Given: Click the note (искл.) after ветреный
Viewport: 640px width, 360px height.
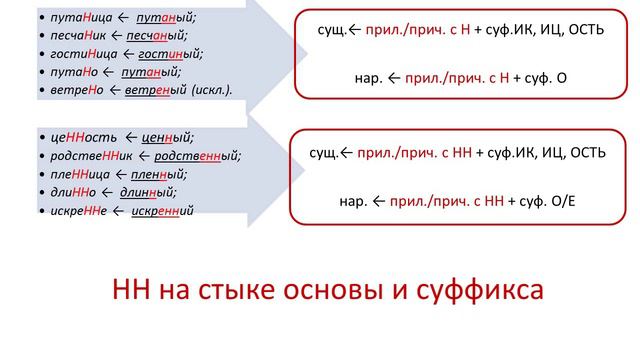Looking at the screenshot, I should click(x=208, y=90).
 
